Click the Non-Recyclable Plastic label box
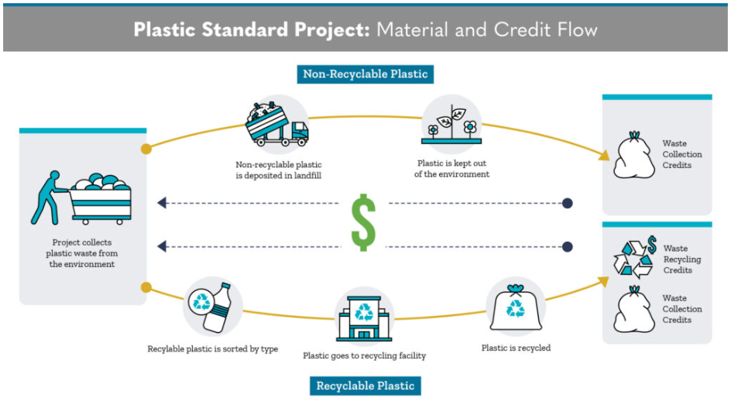point(365,74)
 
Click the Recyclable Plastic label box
point(365,385)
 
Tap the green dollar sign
point(363,222)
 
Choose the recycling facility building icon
point(363,317)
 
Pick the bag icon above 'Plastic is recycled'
point(514,309)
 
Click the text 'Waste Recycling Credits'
point(681,259)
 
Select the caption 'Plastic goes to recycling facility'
point(364,356)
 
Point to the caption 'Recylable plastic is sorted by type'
point(212,349)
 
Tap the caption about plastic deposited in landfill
point(279,170)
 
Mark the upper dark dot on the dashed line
point(568,204)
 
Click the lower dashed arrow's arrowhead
point(162,247)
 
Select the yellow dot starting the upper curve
point(146,149)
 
